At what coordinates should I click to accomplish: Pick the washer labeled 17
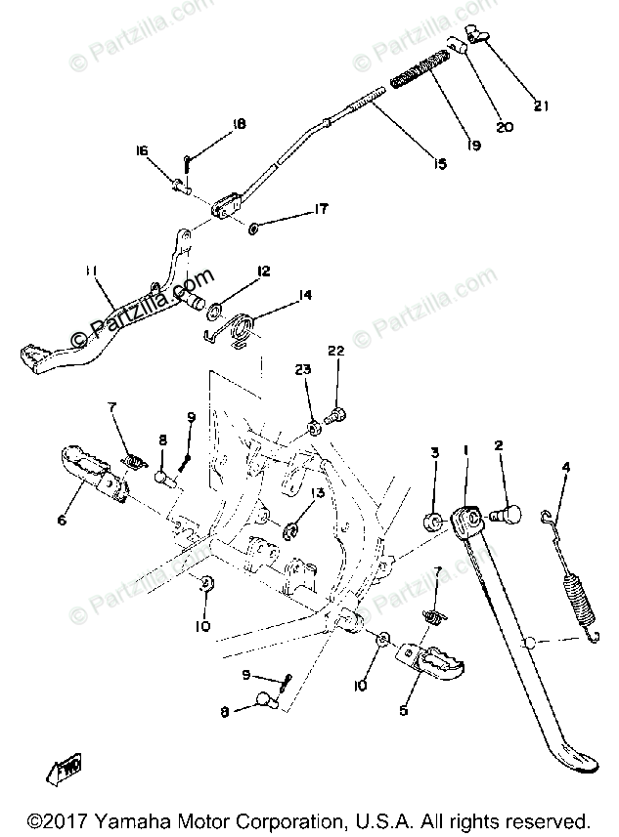click(252, 228)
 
